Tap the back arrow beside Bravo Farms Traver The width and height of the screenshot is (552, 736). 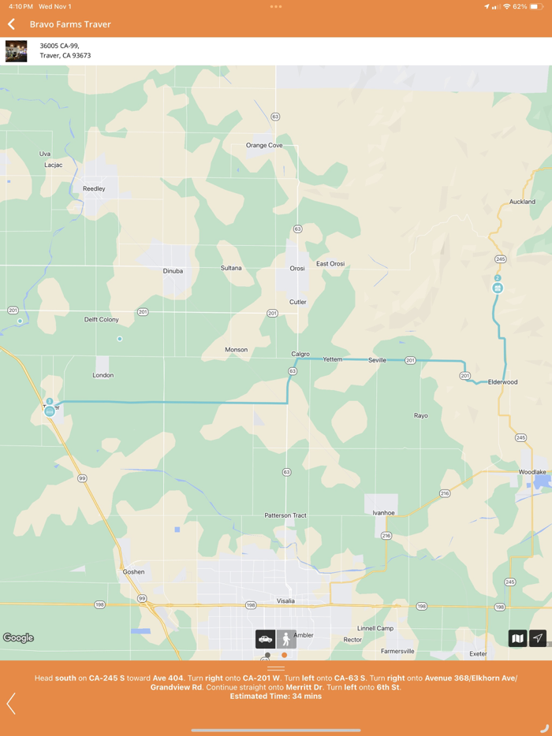tap(12, 24)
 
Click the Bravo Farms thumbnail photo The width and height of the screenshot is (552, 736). tap(16, 51)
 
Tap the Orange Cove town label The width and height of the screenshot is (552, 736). tap(264, 146)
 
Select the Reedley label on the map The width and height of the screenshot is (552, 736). tap(94, 189)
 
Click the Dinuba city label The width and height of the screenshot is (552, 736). tap(173, 271)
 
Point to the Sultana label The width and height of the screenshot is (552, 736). tap(231, 268)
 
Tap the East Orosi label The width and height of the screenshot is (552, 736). tap(330, 264)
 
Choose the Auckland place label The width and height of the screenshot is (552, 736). tap(522, 202)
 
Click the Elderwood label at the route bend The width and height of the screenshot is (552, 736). tap(502, 382)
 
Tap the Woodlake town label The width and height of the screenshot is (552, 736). tap(532, 472)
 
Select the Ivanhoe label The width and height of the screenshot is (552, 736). tap(383, 513)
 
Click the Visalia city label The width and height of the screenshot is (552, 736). tap(285, 601)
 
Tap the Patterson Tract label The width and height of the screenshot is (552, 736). tap(285, 515)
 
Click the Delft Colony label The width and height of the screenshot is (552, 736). tap(102, 320)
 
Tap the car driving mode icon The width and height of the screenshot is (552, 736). tap(265, 639)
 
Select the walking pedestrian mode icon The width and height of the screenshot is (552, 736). tap(286, 639)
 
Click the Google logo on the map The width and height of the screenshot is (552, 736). tap(18, 638)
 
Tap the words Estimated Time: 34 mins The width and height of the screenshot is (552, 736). tap(276, 697)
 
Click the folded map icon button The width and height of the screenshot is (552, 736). tap(517, 638)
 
